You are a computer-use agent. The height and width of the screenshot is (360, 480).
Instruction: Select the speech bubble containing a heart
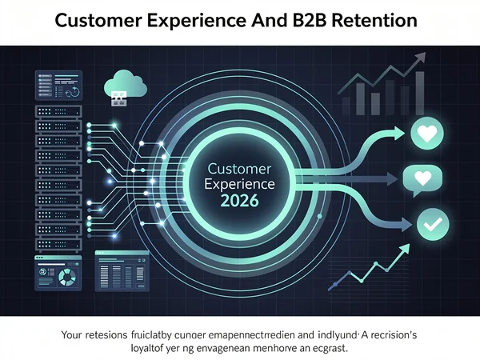point(421,178)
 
